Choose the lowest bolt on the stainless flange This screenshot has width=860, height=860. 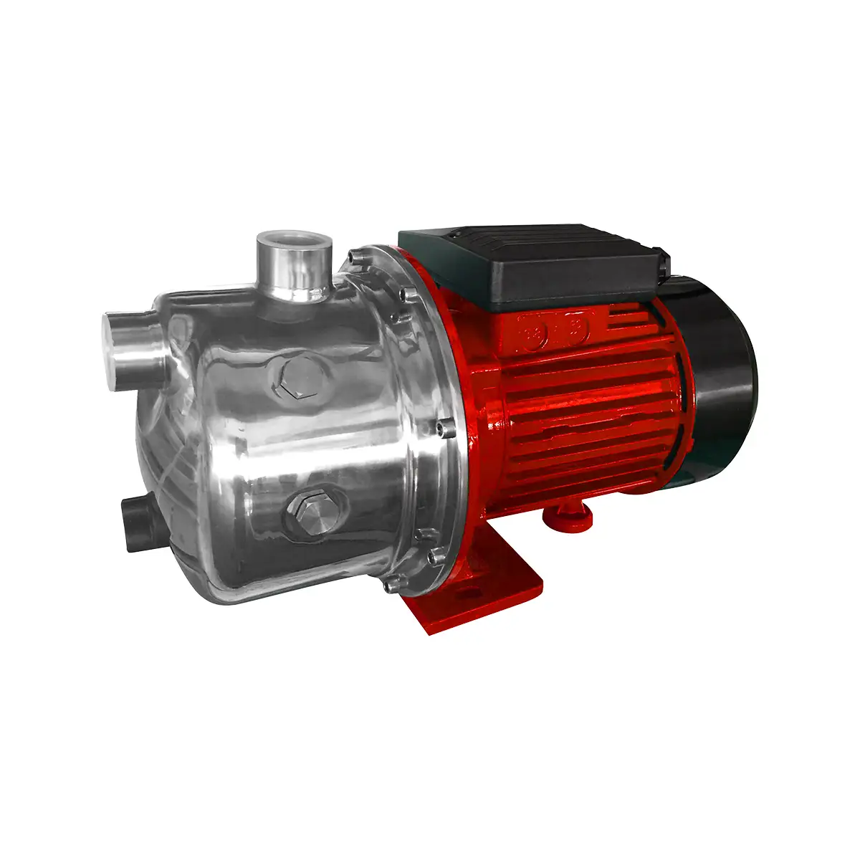388,586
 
